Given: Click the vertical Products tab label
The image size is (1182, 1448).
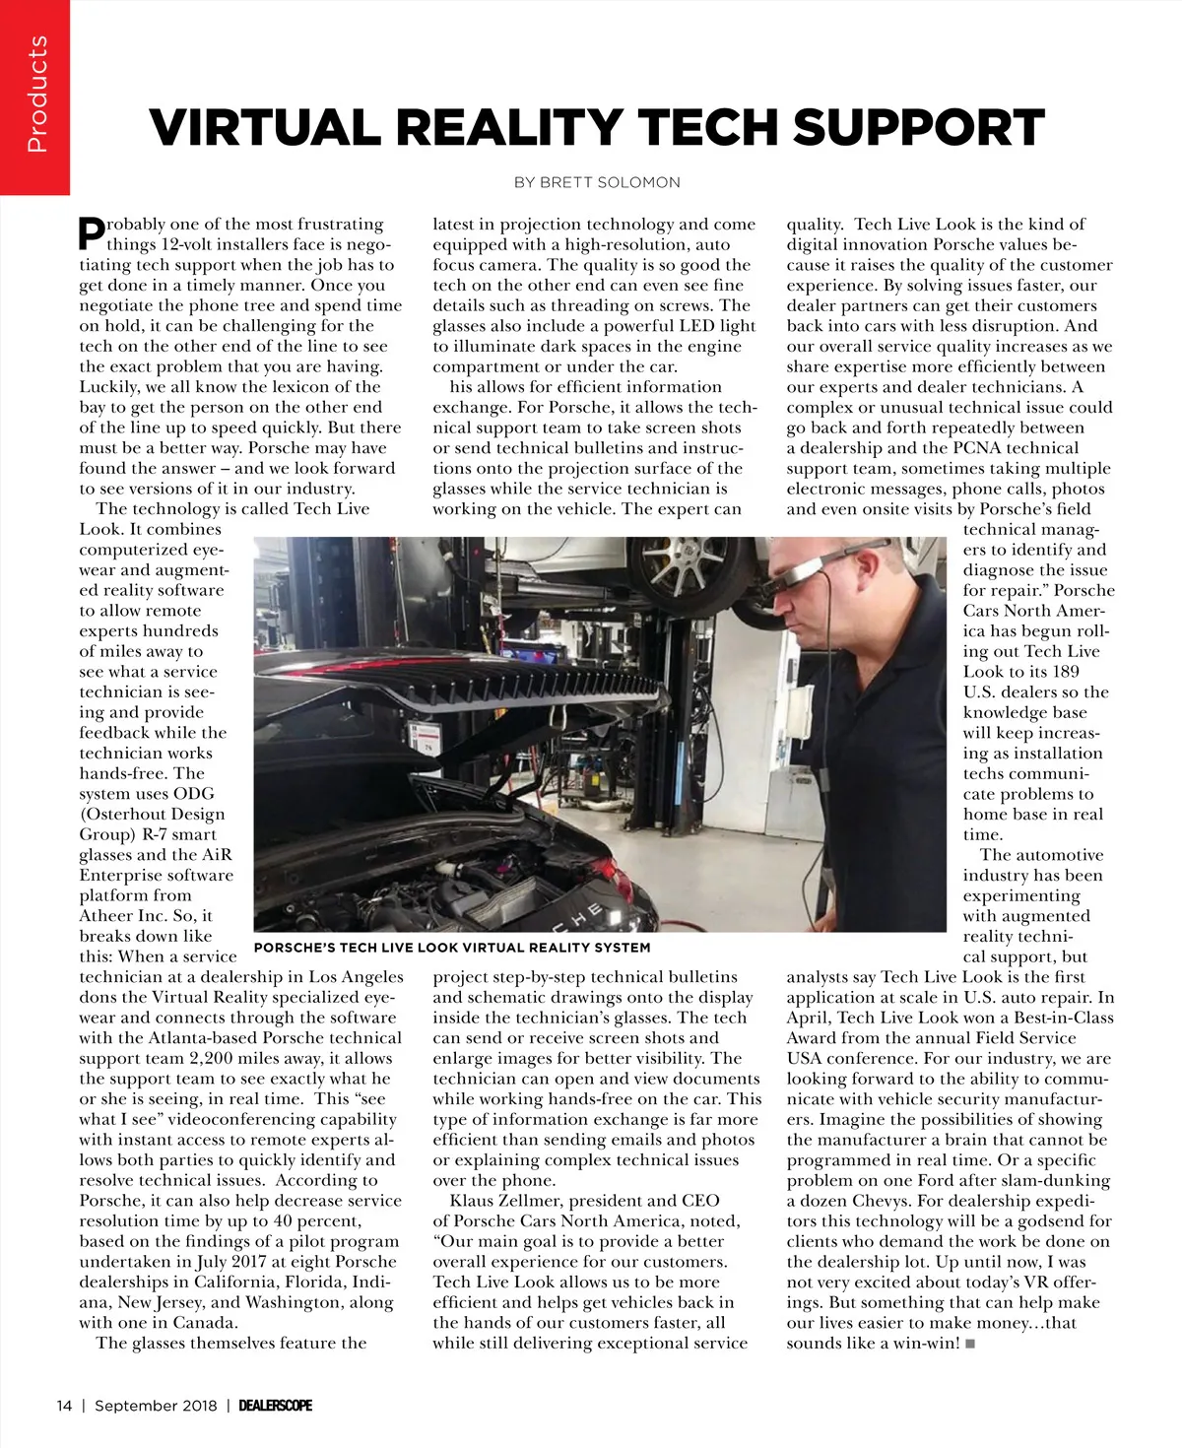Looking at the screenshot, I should point(36,95).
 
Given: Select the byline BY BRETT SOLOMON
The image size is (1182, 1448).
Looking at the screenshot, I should point(597,182).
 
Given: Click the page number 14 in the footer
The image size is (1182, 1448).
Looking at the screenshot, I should point(64,1406).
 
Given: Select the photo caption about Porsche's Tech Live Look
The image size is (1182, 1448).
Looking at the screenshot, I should point(452,948).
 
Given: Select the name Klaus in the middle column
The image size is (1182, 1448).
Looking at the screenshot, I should point(474,1201).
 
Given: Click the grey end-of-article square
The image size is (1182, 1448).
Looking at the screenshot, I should point(970,1344).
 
